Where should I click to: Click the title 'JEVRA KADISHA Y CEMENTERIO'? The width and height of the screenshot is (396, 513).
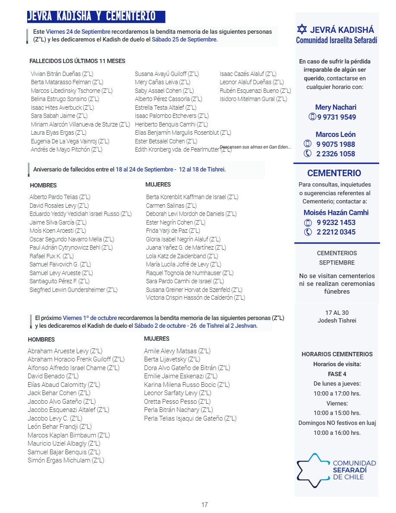point(91,16)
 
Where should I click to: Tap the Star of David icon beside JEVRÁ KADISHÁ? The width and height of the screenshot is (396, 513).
point(302,30)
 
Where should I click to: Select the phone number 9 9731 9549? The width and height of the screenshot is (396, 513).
point(336,117)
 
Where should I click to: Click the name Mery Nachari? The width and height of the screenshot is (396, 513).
point(336,107)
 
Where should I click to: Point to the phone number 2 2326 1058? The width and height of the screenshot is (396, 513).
point(336,154)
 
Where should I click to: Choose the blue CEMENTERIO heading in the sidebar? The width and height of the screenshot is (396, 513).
point(334,173)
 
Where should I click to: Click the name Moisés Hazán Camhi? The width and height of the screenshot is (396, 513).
point(336,212)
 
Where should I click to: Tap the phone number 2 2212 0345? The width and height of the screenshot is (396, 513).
point(336,232)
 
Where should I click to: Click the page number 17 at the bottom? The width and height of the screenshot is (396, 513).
point(204,504)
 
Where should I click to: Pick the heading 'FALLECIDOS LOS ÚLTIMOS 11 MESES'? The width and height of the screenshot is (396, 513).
point(77,61)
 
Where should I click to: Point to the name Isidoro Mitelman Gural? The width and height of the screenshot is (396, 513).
point(253,99)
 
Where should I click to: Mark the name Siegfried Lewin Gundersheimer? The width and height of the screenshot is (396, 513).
point(73,290)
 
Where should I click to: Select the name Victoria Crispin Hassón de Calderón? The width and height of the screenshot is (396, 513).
point(195,298)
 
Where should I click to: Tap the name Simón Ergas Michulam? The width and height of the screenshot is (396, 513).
point(66,460)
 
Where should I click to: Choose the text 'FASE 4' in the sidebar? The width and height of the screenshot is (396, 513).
point(337,374)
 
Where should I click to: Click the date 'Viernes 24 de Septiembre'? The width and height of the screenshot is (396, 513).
point(78,32)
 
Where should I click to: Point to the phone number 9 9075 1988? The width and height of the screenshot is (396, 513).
point(336,144)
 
